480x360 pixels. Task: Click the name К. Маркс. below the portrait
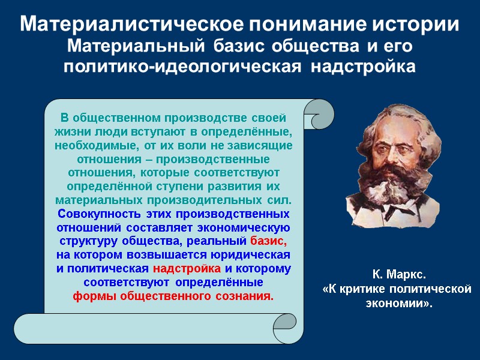[x=398, y=275]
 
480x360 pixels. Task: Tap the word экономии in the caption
[x=396, y=303]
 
